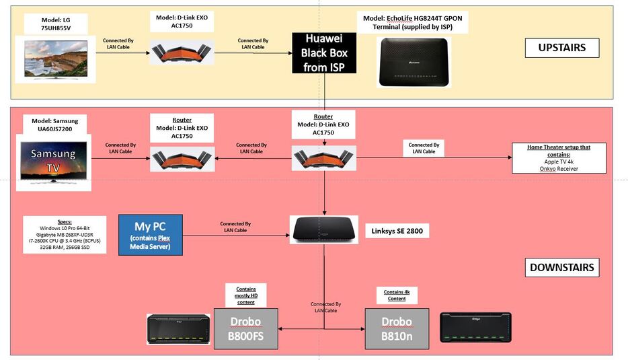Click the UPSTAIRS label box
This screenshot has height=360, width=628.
tap(562, 48)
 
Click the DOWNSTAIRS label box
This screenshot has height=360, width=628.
tap(562, 267)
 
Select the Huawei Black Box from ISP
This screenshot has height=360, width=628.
tap(323, 52)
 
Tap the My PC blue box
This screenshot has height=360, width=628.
tap(151, 235)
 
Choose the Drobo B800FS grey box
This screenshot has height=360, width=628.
tap(245, 328)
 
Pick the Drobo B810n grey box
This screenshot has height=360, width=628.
tap(397, 328)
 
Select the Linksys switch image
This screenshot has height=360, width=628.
tap(325, 230)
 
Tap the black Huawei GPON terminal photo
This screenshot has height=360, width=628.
tap(411, 61)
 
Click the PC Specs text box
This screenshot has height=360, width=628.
tap(65, 234)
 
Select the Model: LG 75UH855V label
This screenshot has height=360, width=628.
tap(56, 24)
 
